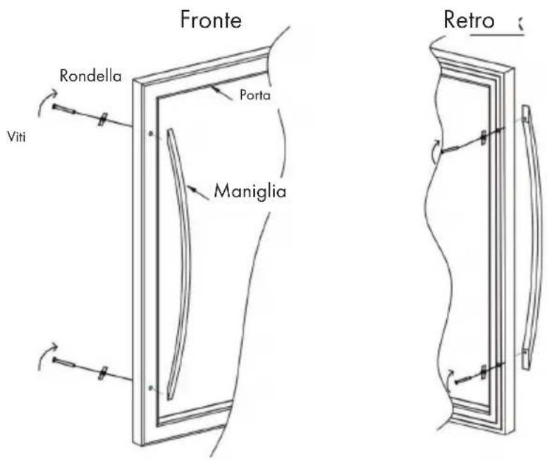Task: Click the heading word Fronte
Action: (x=211, y=20)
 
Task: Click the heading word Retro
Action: (x=469, y=20)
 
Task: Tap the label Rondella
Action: (x=91, y=75)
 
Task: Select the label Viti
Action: (x=16, y=137)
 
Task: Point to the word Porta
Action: (x=255, y=95)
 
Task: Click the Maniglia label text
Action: (x=250, y=191)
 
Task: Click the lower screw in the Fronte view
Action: (x=64, y=362)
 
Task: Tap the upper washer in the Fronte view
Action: (x=102, y=119)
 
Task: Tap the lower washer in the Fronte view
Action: (x=102, y=373)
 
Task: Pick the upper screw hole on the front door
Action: (x=151, y=134)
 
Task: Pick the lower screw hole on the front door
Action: (x=151, y=388)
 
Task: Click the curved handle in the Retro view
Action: (x=533, y=238)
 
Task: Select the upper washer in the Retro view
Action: (x=484, y=137)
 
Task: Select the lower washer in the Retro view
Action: (x=484, y=371)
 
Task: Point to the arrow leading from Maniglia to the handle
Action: (x=198, y=193)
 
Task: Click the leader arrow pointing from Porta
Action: (x=221, y=94)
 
